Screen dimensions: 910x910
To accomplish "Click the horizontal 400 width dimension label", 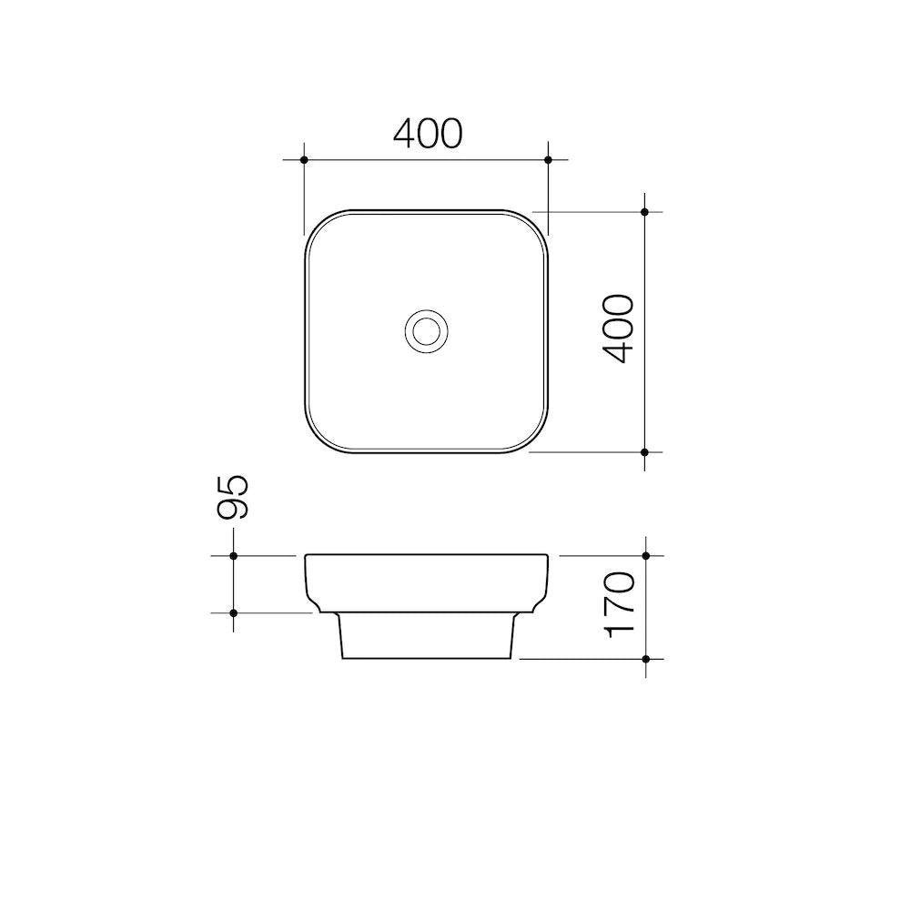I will click(x=428, y=134).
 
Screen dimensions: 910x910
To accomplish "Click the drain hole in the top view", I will click(x=425, y=329).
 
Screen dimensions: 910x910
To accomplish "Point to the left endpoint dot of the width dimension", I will click(x=304, y=160).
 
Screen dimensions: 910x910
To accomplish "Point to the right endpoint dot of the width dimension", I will click(x=548, y=160).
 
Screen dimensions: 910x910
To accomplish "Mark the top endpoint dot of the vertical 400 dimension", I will click(x=644, y=212).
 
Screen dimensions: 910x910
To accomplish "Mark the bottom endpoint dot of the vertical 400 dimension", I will click(x=644, y=451).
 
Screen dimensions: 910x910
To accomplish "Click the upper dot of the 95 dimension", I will click(x=234, y=555).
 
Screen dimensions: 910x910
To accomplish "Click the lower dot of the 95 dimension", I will click(x=234, y=612).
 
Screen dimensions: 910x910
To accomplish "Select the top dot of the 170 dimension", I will click(x=645, y=555).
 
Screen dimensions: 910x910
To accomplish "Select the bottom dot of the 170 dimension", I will click(x=645, y=658).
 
